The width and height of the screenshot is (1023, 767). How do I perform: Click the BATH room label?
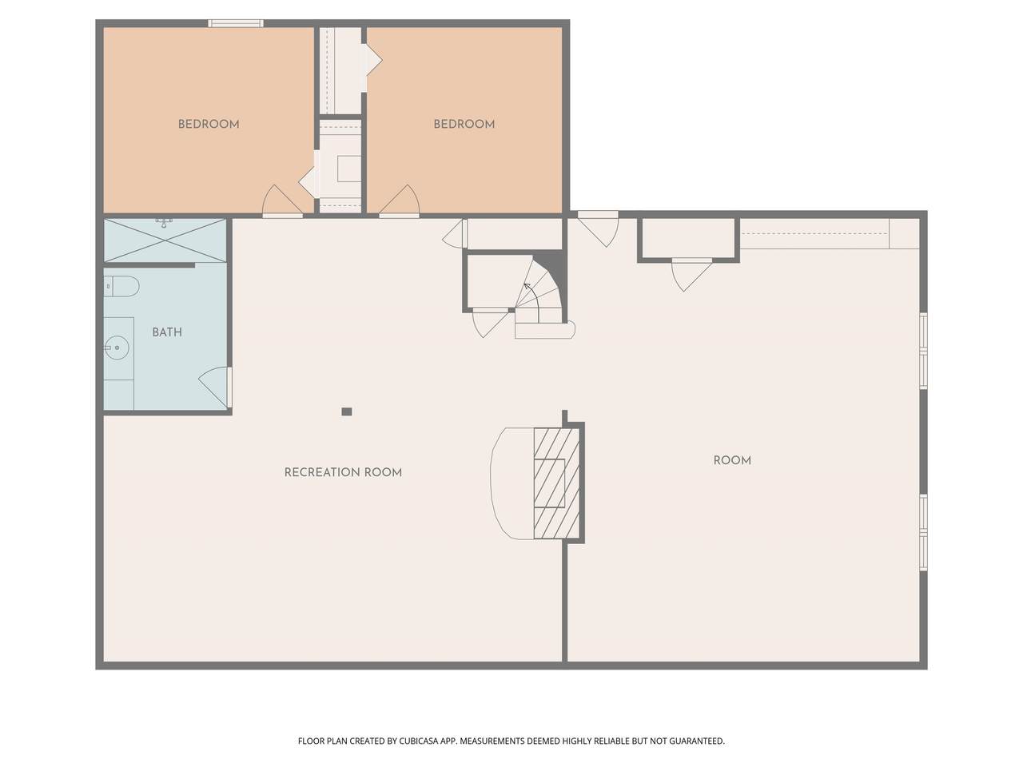coord(167,332)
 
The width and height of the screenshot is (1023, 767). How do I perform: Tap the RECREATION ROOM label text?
coord(343,472)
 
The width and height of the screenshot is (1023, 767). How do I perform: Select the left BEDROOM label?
coord(209,124)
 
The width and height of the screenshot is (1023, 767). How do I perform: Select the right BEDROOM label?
coord(464,124)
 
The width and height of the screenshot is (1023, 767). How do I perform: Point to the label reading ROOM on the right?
coord(732,460)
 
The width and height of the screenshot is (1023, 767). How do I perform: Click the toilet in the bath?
coord(121,286)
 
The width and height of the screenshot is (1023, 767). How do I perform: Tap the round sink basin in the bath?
coord(116,348)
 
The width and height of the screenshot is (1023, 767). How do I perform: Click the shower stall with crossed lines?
coord(165,240)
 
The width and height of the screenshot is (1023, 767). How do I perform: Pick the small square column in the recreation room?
coord(346,411)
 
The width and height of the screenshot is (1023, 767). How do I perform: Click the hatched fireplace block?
coord(556,483)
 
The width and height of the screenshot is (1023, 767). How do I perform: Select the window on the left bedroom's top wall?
coord(236,23)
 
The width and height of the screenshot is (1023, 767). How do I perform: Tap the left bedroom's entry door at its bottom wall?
coord(282,201)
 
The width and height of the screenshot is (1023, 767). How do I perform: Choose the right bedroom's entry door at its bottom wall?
coord(399,201)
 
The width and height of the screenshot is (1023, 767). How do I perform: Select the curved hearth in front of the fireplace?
coord(512,483)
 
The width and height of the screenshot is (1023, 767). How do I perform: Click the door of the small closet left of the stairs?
coord(490,322)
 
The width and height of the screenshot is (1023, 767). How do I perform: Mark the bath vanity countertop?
coord(119,364)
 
